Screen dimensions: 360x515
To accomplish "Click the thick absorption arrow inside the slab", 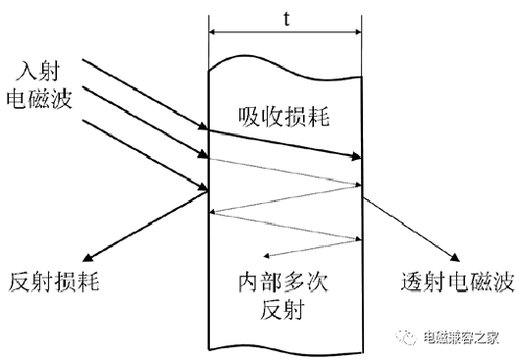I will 284,144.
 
